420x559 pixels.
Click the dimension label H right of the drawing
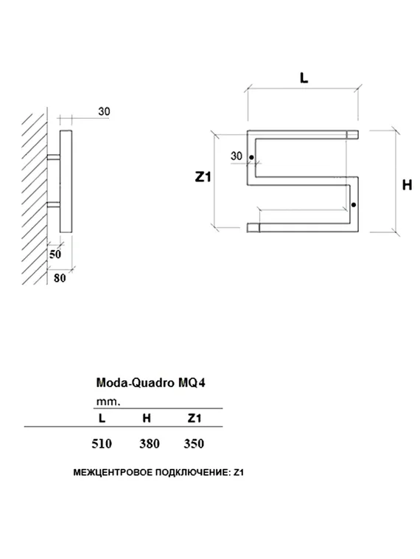tap(406, 185)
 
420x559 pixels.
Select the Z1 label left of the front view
tap(203, 177)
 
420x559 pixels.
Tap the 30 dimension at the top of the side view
tap(104, 111)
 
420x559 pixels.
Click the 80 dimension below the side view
tap(59, 278)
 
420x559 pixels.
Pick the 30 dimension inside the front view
tap(236, 156)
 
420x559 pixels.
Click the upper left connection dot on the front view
tap(251, 157)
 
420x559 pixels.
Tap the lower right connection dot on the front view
tap(354, 204)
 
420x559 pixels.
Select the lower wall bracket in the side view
tap(54, 203)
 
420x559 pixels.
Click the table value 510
tap(101, 443)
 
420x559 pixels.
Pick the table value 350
tap(193, 443)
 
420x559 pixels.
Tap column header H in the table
tap(147, 418)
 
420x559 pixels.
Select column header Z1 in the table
tap(194, 418)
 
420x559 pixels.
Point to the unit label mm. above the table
tap(108, 401)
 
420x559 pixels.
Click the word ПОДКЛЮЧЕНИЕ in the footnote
tap(188, 471)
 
